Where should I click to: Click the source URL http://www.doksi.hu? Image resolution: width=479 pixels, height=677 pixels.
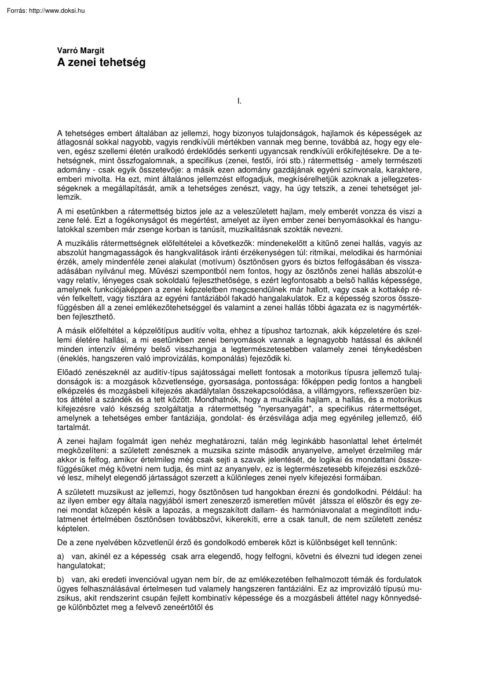(57, 10)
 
